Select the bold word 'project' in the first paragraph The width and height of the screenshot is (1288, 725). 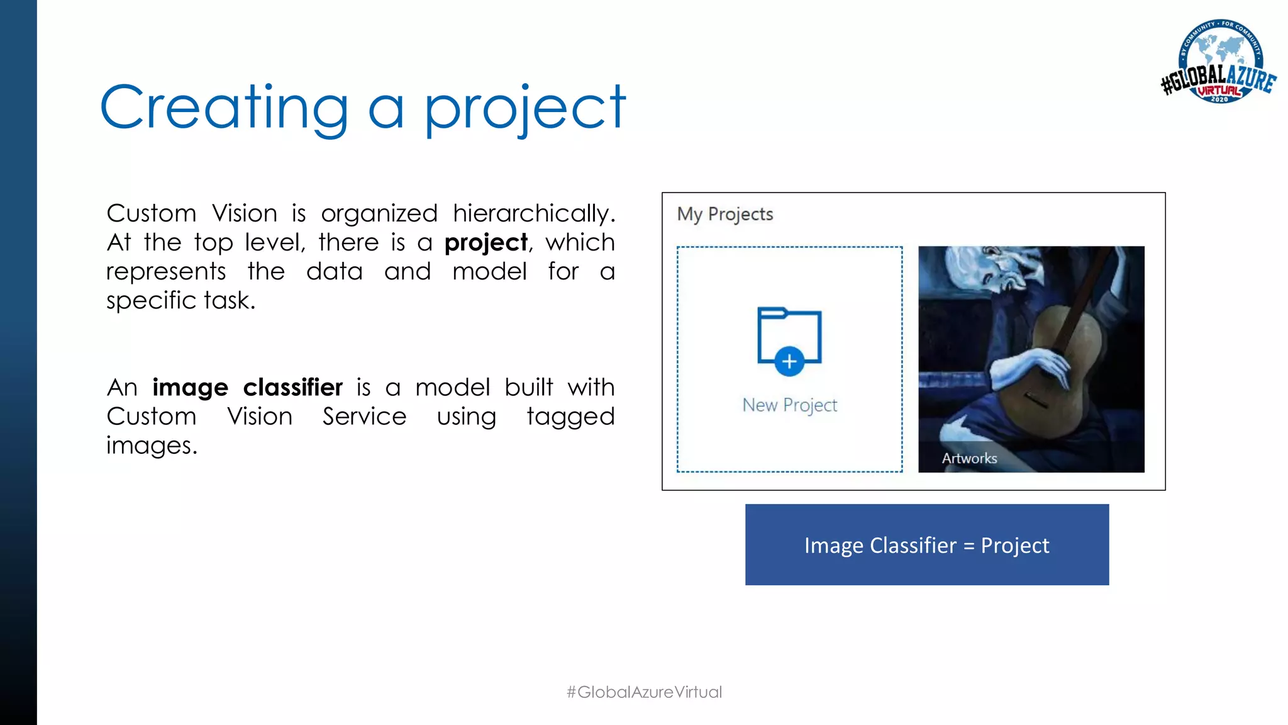pos(486,243)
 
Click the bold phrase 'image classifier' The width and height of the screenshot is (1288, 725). pos(247,388)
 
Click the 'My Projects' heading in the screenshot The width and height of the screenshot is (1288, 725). pos(724,215)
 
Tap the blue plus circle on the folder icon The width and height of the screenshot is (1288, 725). pos(789,362)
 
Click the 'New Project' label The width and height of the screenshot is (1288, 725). pos(789,405)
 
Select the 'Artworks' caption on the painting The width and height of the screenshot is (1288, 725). pos(969,459)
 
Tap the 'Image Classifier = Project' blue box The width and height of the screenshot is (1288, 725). pos(926,545)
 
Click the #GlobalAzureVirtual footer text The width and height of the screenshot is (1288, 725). pos(644,692)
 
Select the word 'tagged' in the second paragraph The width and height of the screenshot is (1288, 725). pos(570,417)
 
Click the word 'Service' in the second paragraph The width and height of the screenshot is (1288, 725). pos(364,417)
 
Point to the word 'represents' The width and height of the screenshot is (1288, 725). pos(165,272)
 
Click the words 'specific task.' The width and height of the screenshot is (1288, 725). pos(180,301)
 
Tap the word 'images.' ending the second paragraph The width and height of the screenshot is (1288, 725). pos(152,446)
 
